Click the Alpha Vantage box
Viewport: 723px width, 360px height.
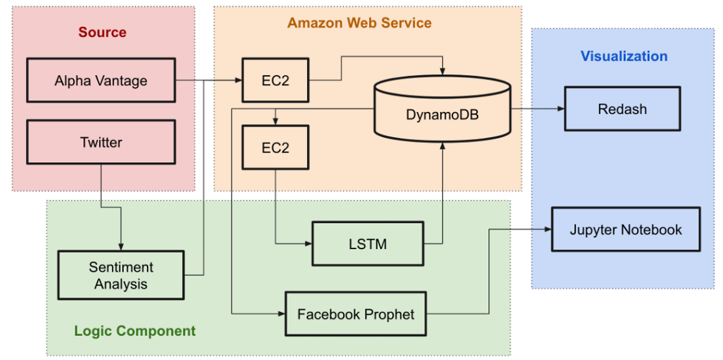[x=101, y=80]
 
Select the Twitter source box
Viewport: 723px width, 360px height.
[x=101, y=142]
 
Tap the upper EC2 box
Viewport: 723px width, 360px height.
[x=275, y=80]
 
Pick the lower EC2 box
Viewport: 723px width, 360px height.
[x=275, y=147]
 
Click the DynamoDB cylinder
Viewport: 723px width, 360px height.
[x=442, y=114]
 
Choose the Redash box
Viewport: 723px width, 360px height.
[x=622, y=109]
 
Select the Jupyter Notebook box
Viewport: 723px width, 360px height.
[x=625, y=230]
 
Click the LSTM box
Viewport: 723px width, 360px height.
[x=368, y=244]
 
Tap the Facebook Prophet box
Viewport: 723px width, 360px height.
[x=355, y=314]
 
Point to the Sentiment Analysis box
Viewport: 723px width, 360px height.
[x=121, y=275]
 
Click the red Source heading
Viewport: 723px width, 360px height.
[x=102, y=32]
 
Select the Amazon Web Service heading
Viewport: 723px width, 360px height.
[x=359, y=23]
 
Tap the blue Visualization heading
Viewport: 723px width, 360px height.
[x=624, y=56]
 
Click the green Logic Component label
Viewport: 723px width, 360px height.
[x=134, y=331]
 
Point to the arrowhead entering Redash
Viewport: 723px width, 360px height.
[x=561, y=108]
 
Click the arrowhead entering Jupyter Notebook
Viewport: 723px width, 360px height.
[x=548, y=229]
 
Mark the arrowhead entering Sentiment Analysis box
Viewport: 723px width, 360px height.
[x=121, y=247]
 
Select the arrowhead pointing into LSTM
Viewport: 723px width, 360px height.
[x=308, y=244]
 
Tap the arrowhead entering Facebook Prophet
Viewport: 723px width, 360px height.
[x=282, y=314]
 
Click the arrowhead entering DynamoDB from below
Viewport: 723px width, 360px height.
[x=442, y=146]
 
